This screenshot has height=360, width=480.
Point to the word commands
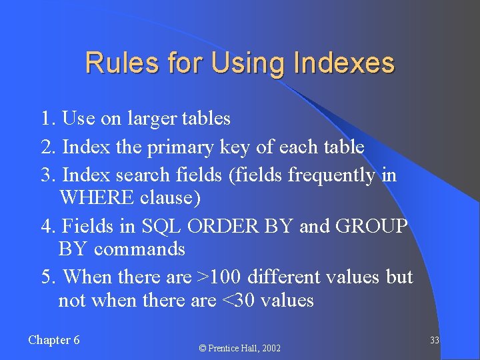tap(139, 249)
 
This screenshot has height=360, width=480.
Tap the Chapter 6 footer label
tap(54, 340)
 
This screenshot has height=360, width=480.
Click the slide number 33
tap(434, 341)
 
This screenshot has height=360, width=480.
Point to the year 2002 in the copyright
tap(270, 348)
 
